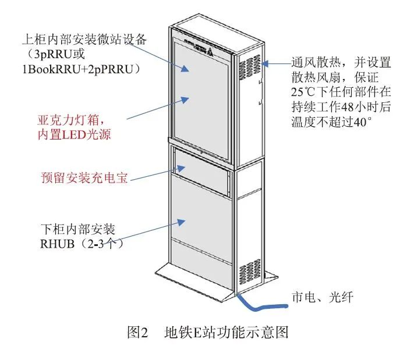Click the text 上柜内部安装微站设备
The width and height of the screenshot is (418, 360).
pyautogui.click(x=88, y=40)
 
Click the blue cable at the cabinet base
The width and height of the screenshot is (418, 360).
pyautogui.click(x=262, y=306)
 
